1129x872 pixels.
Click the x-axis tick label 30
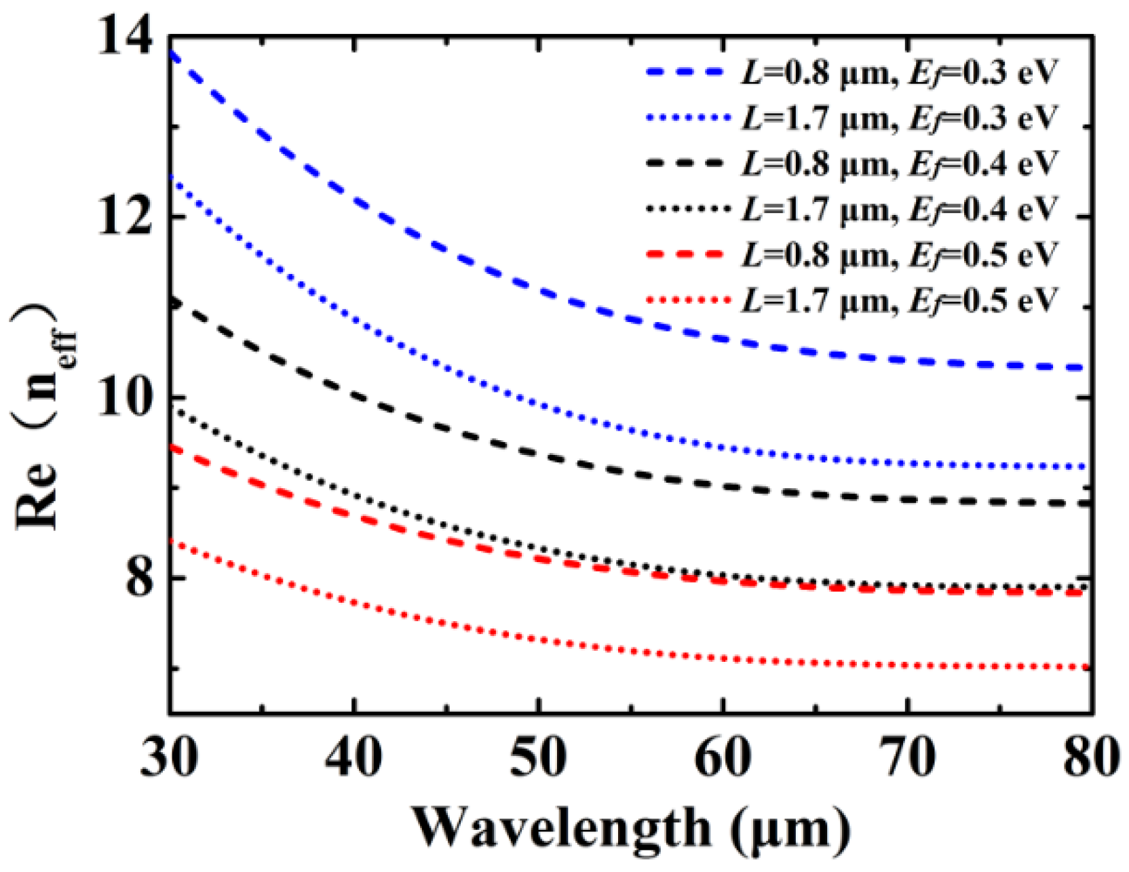click(170, 757)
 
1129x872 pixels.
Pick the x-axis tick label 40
click(353, 757)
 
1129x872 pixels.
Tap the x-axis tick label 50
click(538, 757)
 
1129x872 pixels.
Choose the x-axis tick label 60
click(723, 757)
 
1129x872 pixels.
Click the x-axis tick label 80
click(1090, 757)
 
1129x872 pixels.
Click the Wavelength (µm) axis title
click(631, 829)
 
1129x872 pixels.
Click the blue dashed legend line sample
click(687, 72)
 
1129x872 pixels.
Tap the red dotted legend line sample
click(687, 300)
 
